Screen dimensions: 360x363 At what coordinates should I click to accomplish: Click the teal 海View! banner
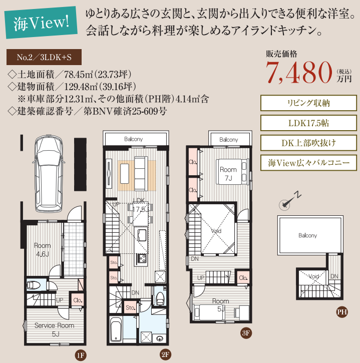click(41, 23)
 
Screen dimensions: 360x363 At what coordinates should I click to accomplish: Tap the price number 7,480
click(299, 73)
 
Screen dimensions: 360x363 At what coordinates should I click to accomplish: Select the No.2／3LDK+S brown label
click(44, 57)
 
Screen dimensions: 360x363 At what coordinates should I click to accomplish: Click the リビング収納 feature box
click(308, 103)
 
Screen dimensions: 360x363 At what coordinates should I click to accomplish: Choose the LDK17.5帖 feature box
click(308, 123)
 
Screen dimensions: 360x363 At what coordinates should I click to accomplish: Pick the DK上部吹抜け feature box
click(308, 143)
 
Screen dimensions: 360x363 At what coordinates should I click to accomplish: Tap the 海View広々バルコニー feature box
click(308, 163)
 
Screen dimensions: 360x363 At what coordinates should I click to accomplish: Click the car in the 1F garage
click(49, 174)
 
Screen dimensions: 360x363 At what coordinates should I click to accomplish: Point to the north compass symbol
click(289, 201)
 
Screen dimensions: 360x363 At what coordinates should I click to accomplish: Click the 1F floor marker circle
click(81, 355)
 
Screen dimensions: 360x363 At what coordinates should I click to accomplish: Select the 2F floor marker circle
click(165, 354)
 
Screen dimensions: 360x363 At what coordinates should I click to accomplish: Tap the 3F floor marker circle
click(246, 333)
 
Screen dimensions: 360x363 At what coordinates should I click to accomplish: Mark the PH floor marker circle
click(342, 312)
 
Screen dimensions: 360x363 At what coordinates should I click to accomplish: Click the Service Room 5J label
click(55, 329)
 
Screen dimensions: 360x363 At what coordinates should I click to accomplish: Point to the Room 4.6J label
click(43, 249)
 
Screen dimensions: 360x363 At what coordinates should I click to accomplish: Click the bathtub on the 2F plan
click(116, 329)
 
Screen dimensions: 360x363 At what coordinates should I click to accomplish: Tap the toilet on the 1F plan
click(34, 285)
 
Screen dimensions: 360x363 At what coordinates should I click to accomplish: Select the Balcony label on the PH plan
click(308, 235)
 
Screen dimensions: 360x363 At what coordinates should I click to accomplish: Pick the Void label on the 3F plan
click(216, 231)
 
